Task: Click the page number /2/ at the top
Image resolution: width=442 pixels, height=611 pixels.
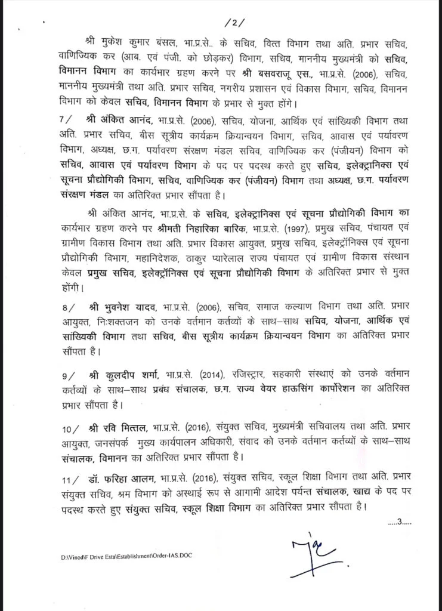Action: pos(230,23)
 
